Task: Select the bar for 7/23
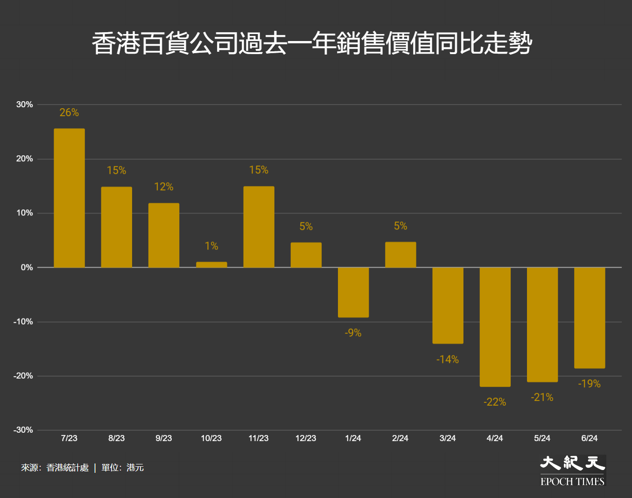click(69, 198)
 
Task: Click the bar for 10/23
click(211, 264)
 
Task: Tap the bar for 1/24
click(353, 292)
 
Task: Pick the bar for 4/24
click(495, 327)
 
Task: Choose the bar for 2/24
click(400, 255)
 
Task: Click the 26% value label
click(69, 112)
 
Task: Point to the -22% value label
click(495, 402)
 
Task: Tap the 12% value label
click(164, 187)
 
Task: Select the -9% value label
click(353, 333)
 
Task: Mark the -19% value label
click(590, 384)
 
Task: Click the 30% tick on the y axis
click(25, 104)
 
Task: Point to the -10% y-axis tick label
click(23, 322)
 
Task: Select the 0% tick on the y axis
click(27, 267)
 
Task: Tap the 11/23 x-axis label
click(259, 438)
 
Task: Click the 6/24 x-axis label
click(590, 438)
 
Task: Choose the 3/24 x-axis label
click(448, 438)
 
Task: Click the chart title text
click(312, 43)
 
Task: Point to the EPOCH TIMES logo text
click(572, 482)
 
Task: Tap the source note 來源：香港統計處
click(55, 468)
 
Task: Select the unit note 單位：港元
click(122, 468)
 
